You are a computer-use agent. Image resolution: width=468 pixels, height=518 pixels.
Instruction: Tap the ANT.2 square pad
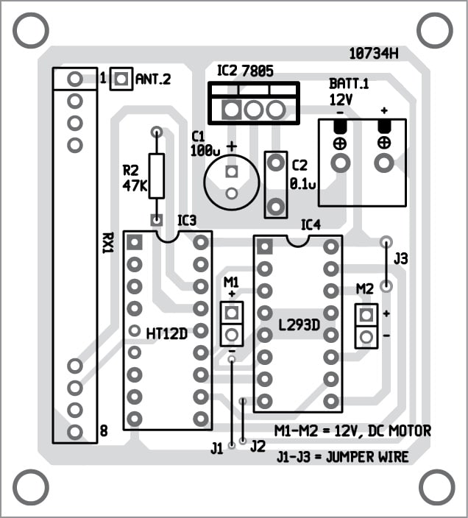121,79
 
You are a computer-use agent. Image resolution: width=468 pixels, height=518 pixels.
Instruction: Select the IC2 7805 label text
245,71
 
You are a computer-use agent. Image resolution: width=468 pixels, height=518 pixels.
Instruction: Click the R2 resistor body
156,177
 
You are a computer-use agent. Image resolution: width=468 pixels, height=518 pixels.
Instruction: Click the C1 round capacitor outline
232,183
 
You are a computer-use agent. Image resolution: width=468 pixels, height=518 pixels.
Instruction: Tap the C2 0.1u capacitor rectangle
276,185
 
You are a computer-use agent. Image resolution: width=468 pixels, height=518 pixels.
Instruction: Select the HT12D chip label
167,333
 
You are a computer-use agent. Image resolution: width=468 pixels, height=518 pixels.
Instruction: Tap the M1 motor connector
232,324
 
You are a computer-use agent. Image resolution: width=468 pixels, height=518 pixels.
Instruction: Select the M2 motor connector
366,326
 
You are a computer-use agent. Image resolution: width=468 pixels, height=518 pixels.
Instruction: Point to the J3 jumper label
401,259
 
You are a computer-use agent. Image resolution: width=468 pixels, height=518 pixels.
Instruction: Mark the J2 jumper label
258,446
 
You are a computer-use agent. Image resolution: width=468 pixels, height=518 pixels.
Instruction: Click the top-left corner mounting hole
31,30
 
